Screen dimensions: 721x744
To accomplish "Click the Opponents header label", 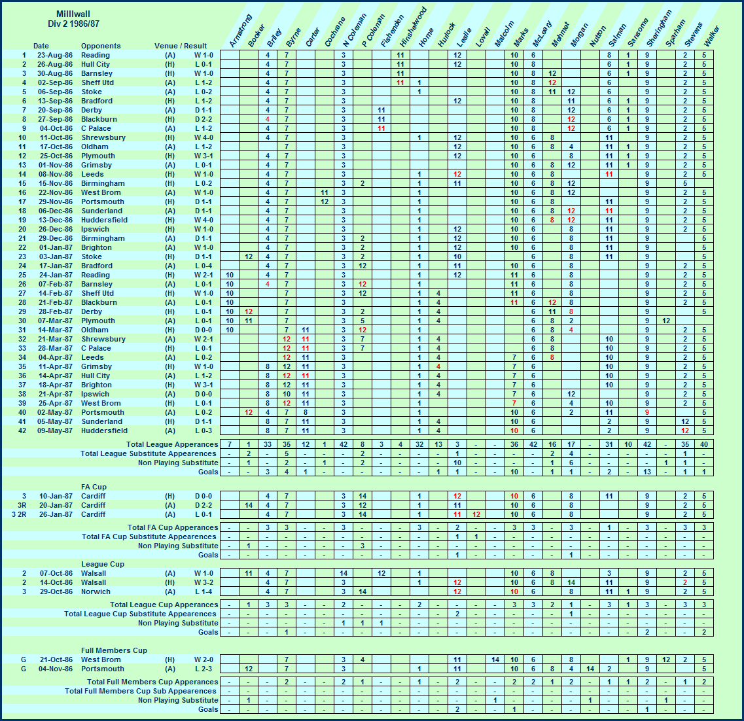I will click(101, 46).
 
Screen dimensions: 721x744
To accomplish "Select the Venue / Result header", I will click(181, 46).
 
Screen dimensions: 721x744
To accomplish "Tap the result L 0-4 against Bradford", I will click(202, 266).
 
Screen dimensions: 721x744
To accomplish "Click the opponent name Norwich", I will click(96, 591).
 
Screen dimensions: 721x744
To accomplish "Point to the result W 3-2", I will click(202, 582).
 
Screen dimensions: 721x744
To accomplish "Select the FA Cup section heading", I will click(94, 487).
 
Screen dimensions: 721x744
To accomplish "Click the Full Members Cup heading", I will click(114, 650).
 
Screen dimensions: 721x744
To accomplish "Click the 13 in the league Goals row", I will click(647, 472).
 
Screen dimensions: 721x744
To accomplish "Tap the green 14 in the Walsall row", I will click(571, 582).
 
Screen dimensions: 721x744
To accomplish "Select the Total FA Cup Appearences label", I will click(173, 527).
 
